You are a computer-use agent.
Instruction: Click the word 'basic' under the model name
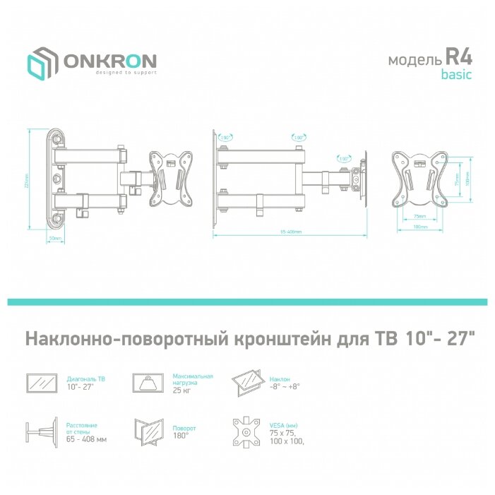click(456, 74)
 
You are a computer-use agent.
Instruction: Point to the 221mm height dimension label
click(27, 179)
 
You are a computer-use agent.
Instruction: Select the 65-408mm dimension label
click(290, 232)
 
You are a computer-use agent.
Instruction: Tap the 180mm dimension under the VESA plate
click(420, 226)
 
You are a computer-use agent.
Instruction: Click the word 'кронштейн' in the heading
click(279, 339)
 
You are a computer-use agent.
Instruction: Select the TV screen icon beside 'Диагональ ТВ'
click(43, 383)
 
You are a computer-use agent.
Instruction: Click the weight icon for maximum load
click(149, 383)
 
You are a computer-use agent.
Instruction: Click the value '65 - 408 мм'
click(86, 439)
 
